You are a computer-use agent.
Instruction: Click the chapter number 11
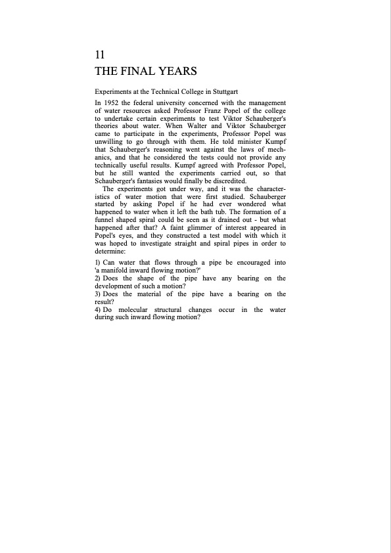pos(100,55)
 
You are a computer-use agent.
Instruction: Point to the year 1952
pos(114,102)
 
